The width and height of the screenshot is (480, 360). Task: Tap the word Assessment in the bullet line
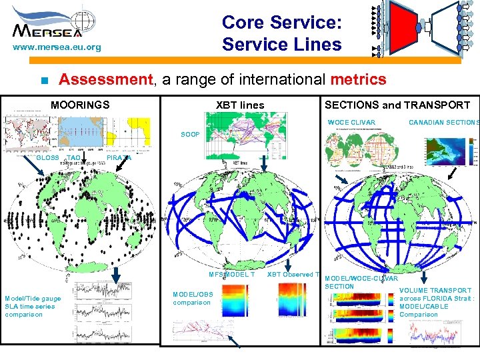point(105,80)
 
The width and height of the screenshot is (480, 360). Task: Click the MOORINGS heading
point(80,105)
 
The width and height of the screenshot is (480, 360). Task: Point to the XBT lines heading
point(240,105)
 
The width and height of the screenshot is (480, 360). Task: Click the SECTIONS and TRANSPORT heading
point(397,105)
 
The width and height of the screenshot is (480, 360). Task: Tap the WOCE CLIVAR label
point(351,122)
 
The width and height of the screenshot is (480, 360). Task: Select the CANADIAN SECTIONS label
point(443,122)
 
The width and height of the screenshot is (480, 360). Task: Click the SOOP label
point(190,135)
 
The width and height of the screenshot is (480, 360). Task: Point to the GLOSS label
point(47,158)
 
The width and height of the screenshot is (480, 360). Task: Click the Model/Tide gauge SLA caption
point(33,306)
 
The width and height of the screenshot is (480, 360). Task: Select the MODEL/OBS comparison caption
point(193,298)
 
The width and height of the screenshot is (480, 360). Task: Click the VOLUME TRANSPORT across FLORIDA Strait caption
point(436,303)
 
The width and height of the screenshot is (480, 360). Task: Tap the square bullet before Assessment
point(42,81)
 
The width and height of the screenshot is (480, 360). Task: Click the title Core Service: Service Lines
point(281,33)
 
